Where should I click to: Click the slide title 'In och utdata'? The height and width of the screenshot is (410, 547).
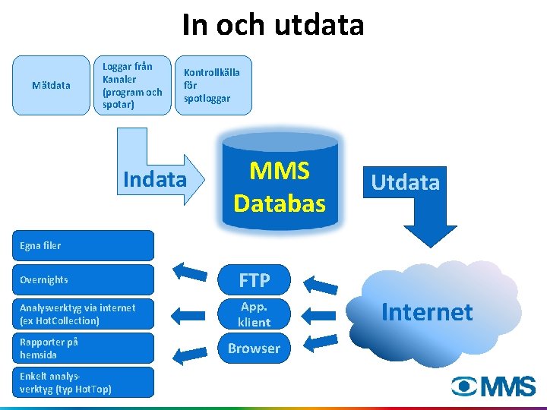coord(273,25)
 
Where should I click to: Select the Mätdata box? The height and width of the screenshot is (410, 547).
coord(51,85)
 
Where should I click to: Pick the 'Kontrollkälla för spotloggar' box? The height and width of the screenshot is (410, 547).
coord(212,85)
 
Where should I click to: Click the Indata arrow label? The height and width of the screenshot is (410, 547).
coord(154,179)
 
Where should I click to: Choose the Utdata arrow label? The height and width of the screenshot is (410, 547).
coord(406,182)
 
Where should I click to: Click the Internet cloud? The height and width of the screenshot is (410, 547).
coord(427,312)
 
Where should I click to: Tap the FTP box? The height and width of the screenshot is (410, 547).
coord(254,280)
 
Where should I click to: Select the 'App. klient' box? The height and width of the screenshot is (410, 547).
coord(254,314)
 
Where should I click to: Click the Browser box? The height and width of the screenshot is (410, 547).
coord(254,348)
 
